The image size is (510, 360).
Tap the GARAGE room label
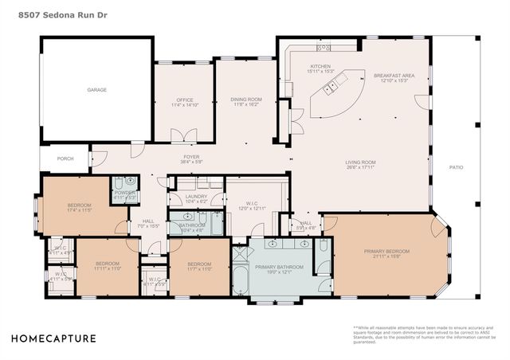[x=96, y=90]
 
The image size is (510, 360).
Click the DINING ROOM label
[x=246, y=100]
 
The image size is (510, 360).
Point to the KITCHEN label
[x=320, y=67]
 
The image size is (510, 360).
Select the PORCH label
[x=65, y=158]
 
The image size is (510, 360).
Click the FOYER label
[x=191, y=157]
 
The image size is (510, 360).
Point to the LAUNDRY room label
[x=196, y=196]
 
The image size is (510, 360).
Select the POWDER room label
[x=124, y=193]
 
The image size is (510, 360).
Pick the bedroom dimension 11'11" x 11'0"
[x=108, y=269]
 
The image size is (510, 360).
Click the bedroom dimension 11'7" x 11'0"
[x=199, y=269]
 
